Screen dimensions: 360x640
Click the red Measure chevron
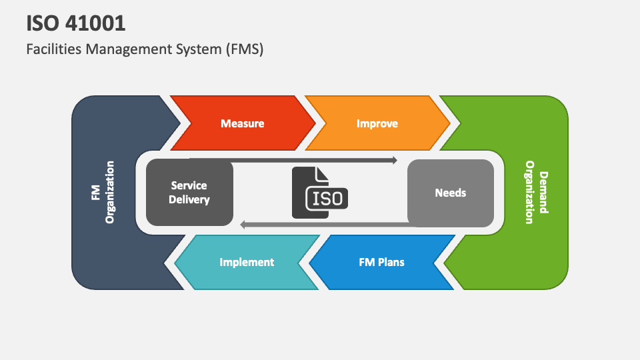tap(243, 123)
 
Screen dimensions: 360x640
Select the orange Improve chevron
tap(377, 123)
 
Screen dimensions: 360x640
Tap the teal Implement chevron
tap(247, 262)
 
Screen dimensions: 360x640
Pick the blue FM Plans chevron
tap(381, 262)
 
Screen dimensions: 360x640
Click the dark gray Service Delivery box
tap(189, 193)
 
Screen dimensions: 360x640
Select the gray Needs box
tap(451, 193)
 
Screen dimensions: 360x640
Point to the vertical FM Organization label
tap(103, 192)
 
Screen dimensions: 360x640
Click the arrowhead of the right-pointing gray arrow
tap(395, 160)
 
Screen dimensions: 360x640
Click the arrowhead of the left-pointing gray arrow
tap(243, 225)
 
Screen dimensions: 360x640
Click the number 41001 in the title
tap(95, 24)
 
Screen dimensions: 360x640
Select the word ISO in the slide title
tap(42, 24)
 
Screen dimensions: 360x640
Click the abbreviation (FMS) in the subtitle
tap(243, 49)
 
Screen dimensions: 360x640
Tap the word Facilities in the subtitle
tap(51, 49)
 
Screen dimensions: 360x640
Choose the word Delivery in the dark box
tap(189, 199)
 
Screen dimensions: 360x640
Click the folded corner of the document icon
tap(323, 173)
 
